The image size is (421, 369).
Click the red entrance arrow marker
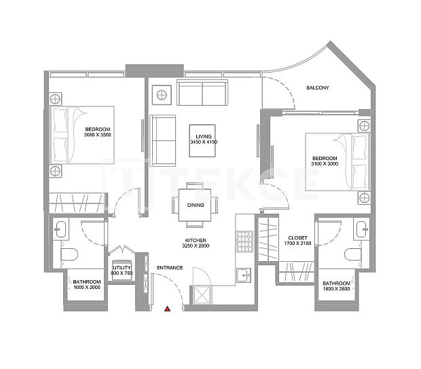tap(167, 309)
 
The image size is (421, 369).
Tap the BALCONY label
tap(318, 88)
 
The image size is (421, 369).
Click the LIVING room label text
tap(202, 138)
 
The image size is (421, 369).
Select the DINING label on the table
tap(196, 205)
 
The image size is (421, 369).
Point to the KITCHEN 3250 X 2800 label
tap(196, 243)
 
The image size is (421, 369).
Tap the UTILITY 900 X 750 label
tap(122, 271)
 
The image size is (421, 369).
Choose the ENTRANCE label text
tap(170, 267)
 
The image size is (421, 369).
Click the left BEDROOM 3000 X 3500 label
tap(97, 132)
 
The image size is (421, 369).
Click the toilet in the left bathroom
tap(69, 254)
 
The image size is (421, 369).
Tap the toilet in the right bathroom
tap(352, 254)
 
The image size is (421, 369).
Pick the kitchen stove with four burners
tap(244, 240)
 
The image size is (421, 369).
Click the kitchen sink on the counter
tap(244, 274)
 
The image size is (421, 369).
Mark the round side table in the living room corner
tap(162, 94)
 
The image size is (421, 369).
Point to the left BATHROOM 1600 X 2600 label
tap(87, 284)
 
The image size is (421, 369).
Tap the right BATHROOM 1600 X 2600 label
tap(336, 286)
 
